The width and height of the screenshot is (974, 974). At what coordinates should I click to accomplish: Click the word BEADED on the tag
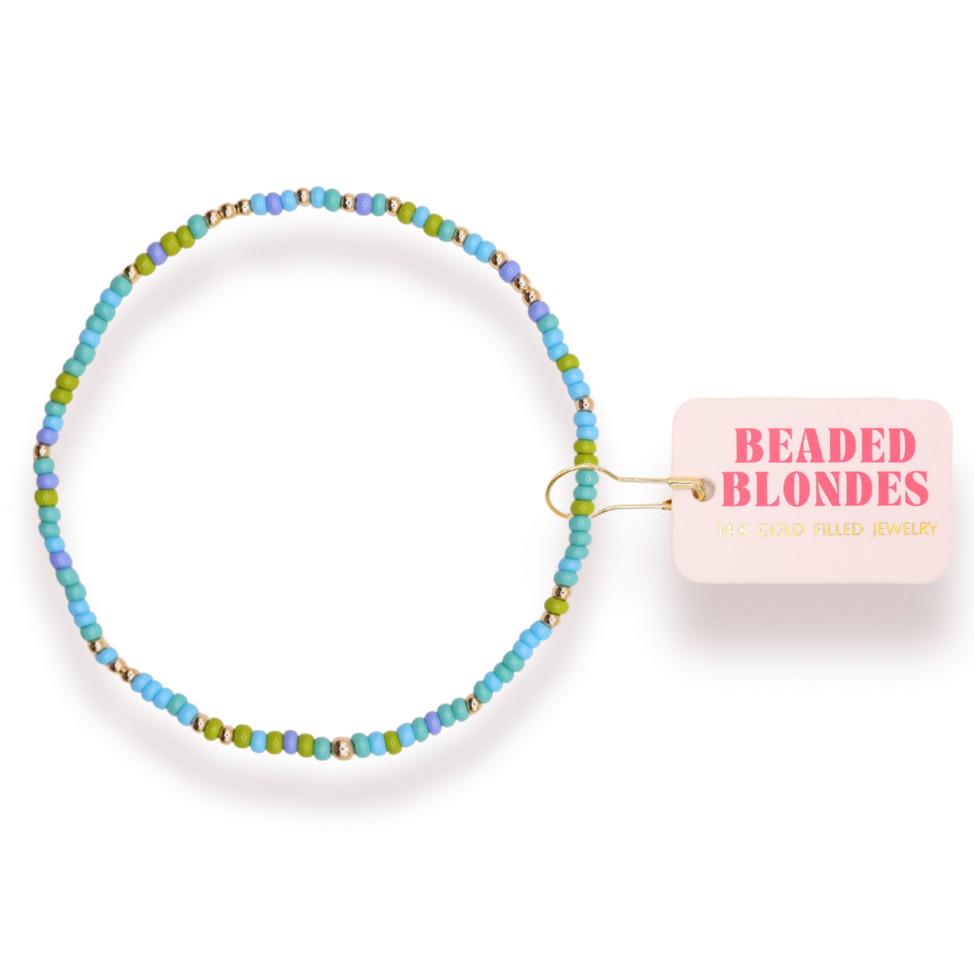(x=824, y=446)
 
